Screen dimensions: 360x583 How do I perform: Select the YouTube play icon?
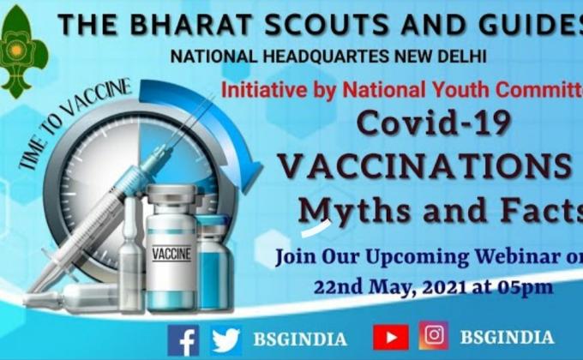point(390,337)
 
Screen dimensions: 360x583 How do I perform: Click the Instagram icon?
point(433,336)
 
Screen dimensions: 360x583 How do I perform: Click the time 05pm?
point(524,286)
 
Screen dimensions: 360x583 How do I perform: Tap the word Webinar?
point(517,255)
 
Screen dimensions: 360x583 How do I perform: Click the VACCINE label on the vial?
point(171,254)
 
